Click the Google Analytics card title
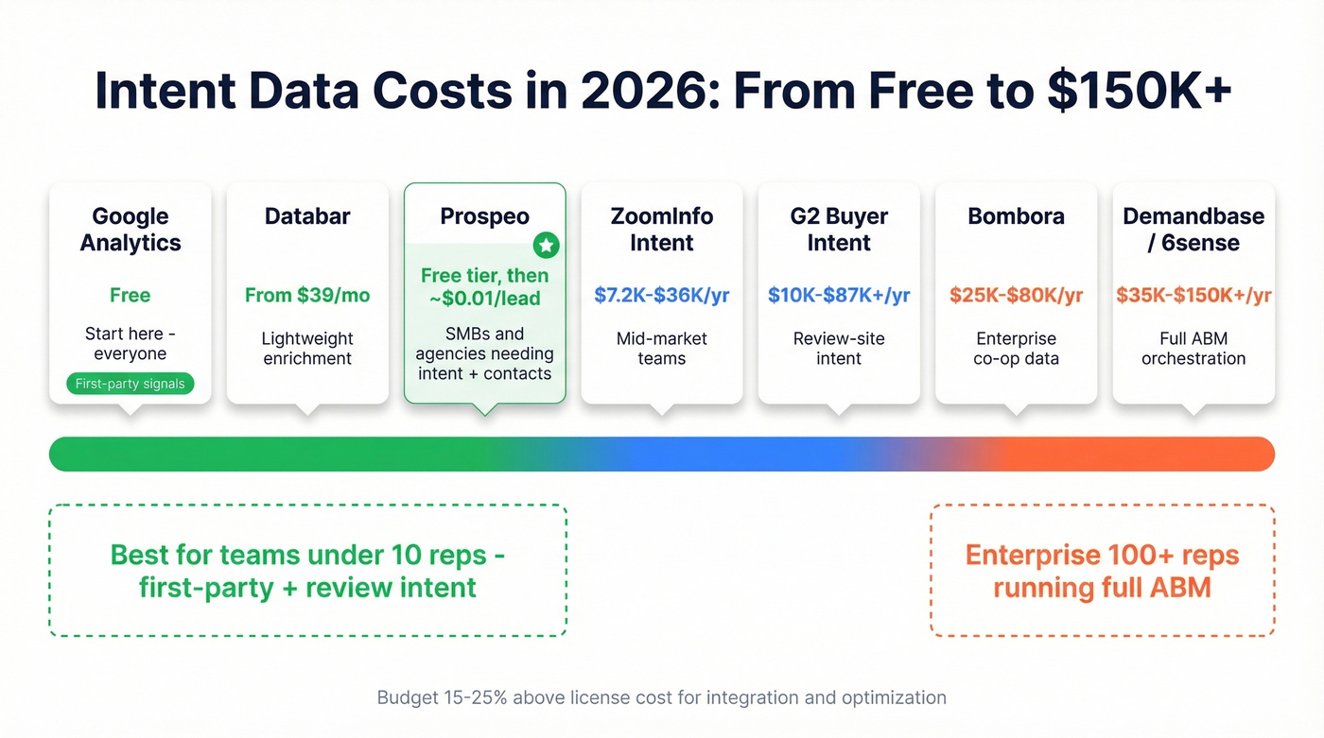[x=130, y=230]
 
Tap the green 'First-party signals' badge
[x=131, y=384]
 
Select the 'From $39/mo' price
[x=307, y=295]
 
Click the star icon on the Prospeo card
[x=546, y=246]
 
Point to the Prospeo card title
[x=484, y=216]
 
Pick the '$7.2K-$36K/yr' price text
[x=661, y=295]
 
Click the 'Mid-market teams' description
[x=661, y=348]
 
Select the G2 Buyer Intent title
[x=839, y=230]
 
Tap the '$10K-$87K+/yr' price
[x=839, y=295]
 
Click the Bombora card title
[x=1016, y=216]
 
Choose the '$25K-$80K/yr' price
[x=1016, y=295]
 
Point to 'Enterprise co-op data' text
[x=1016, y=348]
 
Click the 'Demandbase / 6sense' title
[x=1193, y=230]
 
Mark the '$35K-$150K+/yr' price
[x=1193, y=295]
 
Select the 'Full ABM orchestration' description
[x=1193, y=348]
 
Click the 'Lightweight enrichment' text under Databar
[x=307, y=348]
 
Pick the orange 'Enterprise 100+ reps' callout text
[x=1102, y=555]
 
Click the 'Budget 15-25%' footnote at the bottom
[x=661, y=697]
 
